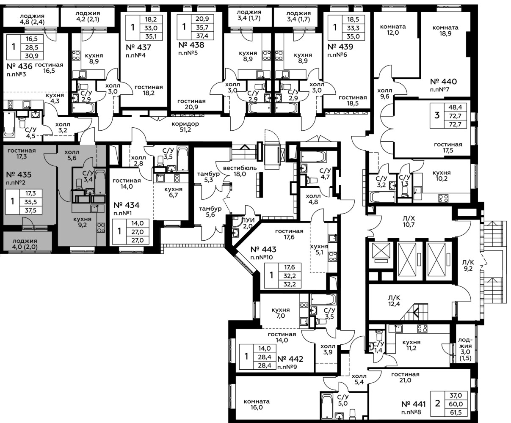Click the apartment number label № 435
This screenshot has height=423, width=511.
tap(19, 175)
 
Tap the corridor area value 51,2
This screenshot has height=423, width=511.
tap(185, 130)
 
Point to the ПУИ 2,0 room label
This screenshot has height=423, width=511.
tap(248, 223)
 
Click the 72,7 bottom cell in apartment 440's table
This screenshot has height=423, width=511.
tap(455, 124)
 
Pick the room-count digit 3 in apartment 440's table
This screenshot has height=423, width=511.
tap(437, 115)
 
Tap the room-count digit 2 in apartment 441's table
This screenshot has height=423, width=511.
tap(438, 403)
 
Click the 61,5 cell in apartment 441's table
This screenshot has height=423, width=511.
tap(456, 412)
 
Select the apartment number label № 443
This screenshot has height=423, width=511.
tap(263, 250)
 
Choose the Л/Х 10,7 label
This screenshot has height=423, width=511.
tap(409, 221)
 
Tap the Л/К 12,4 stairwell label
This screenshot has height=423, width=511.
tap(394, 301)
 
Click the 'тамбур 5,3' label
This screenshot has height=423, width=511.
tap(208, 177)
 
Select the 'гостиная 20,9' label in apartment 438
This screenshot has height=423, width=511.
tap(191, 104)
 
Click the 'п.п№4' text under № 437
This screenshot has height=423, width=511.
tap(135, 55)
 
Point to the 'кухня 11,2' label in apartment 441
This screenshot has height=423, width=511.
tap(412, 345)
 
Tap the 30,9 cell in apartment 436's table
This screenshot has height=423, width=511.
tap(32, 56)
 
